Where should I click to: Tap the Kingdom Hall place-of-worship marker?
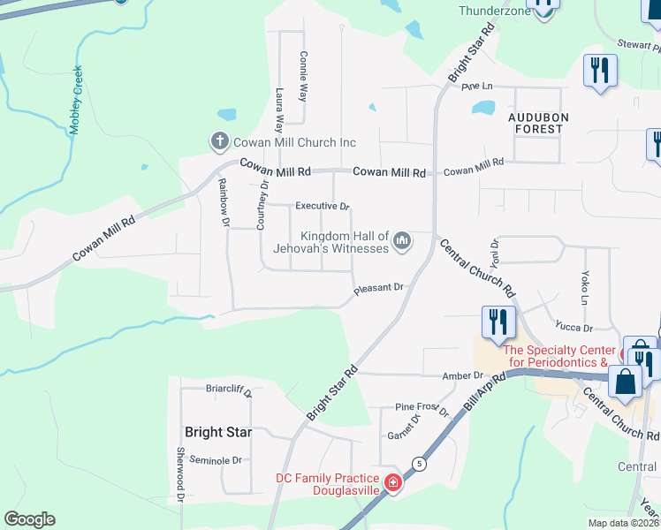(402, 240)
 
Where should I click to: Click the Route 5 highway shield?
(418, 462)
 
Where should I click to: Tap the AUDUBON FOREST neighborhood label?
(536, 122)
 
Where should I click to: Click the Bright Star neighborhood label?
(218, 432)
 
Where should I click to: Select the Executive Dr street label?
(323, 207)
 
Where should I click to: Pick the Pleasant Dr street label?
(378, 288)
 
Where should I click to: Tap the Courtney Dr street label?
(262, 207)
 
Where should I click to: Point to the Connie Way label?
(303, 77)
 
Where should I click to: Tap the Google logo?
(29, 519)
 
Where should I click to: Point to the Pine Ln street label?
(475, 87)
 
